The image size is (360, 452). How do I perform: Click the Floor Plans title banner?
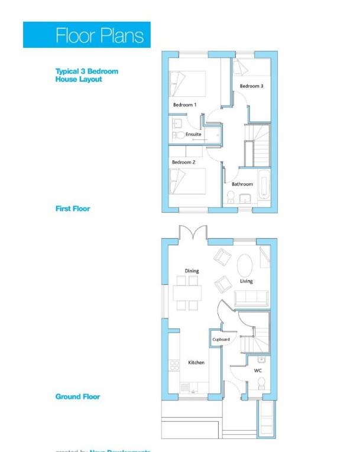[87, 35]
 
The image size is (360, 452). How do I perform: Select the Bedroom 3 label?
[251, 86]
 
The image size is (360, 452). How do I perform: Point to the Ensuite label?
[193, 135]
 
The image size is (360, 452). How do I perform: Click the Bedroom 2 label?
[183, 162]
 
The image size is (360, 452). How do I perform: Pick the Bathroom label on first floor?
[242, 184]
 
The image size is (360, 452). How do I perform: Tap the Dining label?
[192, 271]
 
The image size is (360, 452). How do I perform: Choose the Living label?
[246, 281]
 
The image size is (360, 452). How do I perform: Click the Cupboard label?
[221, 340]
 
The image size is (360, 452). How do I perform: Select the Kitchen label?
[196, 362]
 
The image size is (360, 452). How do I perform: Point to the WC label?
[258, 370]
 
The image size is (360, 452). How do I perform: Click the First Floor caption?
[73, 209]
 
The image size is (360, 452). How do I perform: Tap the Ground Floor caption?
[77, 396]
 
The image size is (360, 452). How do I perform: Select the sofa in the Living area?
[252, 298]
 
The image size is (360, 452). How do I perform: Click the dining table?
[187, 294]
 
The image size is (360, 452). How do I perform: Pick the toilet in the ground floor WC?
[261, 384]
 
